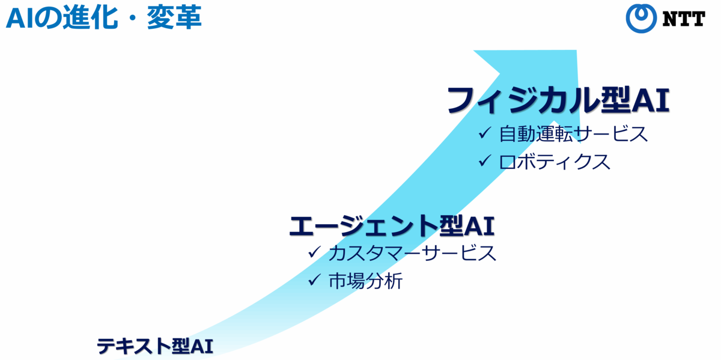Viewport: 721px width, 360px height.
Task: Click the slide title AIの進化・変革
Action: tap(103, 17)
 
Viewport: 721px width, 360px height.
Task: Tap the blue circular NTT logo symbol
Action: tap(641, 19)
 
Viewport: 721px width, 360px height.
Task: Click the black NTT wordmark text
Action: tap(684, 19)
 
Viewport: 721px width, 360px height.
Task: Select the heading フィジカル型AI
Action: tap(558, 100)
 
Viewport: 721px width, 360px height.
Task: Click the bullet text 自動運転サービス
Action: tap(573, 133)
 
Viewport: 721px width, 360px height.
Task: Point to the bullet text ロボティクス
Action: tap(554, 162)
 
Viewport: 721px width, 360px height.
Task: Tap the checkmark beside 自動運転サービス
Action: tap(485, 132)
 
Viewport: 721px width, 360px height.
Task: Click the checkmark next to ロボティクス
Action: tap(485, 160)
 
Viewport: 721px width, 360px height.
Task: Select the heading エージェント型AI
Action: tap(392, 226)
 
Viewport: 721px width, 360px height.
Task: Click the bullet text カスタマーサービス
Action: tap(412, 253)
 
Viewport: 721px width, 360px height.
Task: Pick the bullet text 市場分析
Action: tap(365, 281)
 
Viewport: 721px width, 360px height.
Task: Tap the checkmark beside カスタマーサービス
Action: tap(314, 252)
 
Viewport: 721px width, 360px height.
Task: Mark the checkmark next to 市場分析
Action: tap(314, 279)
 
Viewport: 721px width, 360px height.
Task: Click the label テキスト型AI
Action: tap(155, 346)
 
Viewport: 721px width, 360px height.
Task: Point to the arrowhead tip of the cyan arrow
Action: tap(576, 50)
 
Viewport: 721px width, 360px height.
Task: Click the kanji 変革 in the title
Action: tap(174, 17)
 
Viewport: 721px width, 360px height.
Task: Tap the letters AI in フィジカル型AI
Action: tap(650, 100)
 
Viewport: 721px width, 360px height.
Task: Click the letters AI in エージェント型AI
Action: tap(479, 226)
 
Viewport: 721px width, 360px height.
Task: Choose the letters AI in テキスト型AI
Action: tap(202, 346)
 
